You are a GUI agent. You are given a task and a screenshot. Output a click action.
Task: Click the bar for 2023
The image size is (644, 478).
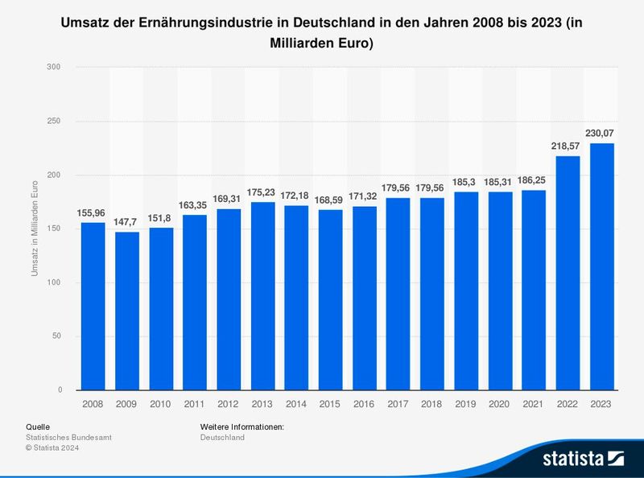tap(602, 266)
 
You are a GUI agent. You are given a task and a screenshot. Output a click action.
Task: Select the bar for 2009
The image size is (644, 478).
tap(127, 311)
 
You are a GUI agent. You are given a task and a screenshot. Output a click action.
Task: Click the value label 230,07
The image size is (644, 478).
tap(602, 133)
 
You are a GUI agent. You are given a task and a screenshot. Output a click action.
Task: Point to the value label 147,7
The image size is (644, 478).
tap(127, 221)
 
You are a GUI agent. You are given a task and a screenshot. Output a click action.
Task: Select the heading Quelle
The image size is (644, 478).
tap(38, 426)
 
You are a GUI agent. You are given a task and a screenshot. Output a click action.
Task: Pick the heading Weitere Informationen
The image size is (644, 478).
tap(242, 426)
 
